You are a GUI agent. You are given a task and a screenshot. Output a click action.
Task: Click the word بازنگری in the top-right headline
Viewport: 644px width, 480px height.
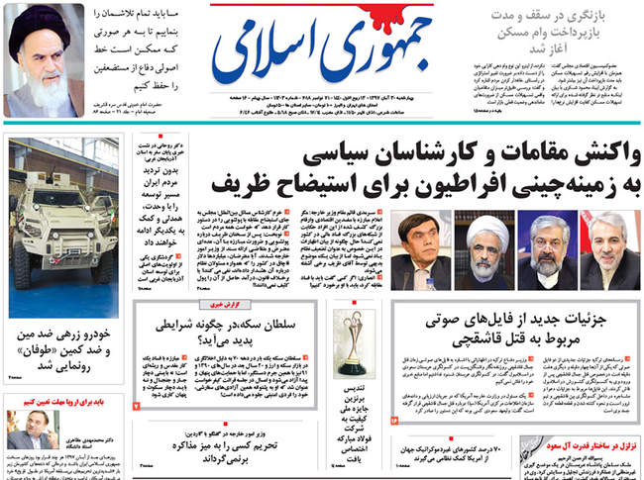600,17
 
